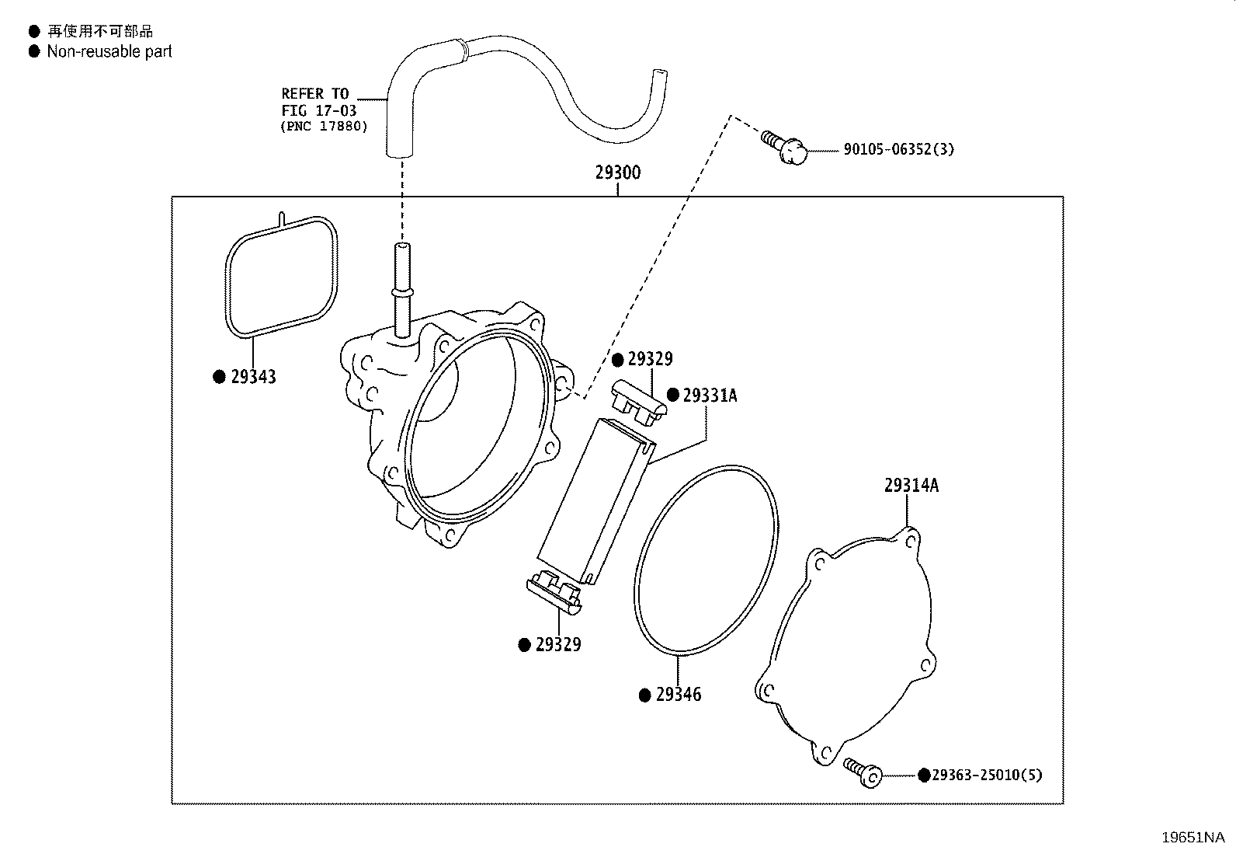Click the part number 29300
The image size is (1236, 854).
click(x=617, y=173)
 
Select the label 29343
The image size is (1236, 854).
click(x=253, y=377)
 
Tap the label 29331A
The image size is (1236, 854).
click(x=710, y=396)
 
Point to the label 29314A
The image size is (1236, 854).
click(x=911, y=485)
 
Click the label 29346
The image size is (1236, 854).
click(x=678, y=695)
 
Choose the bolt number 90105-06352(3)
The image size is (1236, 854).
click(x=899, y=149)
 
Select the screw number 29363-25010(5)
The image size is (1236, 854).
click(x=987, y=775)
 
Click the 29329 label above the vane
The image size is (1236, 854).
click(x=650, y=359)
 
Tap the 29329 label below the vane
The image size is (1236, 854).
click(x=558, y=645)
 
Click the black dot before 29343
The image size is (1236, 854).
click(x=219, y=377)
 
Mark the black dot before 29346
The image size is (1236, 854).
click(x=644, y=695)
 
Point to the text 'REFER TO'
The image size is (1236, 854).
click(x=315, y=93)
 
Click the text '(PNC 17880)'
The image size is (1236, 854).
click(x=324, y=127)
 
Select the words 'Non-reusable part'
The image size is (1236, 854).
click(x=109, y=51)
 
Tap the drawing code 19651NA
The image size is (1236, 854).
click(x=1193, y=838)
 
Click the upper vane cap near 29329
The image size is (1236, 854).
click(x=639, y=403)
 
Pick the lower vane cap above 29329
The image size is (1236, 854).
click(x=554, y=592)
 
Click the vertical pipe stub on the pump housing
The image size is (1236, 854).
click(x=402, y=290)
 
